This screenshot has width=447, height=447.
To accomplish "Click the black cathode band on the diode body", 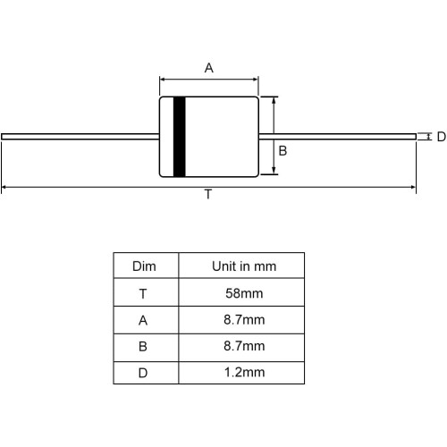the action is click(x=180, y=137).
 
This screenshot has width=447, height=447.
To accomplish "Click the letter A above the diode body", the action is click(x=209, y=68).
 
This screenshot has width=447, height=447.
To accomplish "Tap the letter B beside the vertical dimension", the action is click(x=283, y=151).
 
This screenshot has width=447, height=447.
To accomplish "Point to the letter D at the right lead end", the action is click(x=441, y=137).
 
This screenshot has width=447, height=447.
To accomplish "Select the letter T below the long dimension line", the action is click(x=208, y=194).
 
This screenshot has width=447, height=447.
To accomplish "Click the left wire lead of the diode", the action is click(x=80, y=137).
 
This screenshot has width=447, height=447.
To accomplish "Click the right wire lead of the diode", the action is click(x=337, y=137).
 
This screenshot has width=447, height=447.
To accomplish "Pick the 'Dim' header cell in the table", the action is click(x=144, y=266).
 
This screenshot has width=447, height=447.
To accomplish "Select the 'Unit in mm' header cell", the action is click(x=244, y=266).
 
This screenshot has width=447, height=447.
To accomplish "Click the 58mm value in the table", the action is click(x=244, y=293).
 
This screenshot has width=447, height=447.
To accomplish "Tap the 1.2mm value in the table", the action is click(x=244, y=372).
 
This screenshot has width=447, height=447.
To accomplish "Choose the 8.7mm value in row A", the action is click(x=244, y=320).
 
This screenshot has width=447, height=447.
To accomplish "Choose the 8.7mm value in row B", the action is click(x=244, y=346).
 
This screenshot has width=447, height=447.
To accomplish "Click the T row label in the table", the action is click(x=143, y=294).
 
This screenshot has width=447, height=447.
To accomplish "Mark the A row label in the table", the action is click(x=143, y=320).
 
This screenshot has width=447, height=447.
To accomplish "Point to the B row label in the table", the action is click(x=143, y=347).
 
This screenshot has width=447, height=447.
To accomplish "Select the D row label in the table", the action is click(x=143, y=373).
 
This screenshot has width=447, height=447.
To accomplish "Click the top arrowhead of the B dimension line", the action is click(x=274, y=99).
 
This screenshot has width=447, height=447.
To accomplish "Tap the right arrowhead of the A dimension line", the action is click(x=256, y=80).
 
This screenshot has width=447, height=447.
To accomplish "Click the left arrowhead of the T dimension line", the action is click(x=4, y=187).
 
